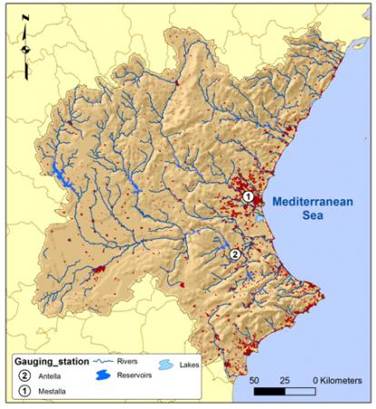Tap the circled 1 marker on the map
tap(247, 195)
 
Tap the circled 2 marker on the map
tap(234, 254)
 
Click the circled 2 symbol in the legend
tap(23, 375)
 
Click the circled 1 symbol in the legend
tap(23, 392)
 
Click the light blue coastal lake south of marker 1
tap(259, 218)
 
